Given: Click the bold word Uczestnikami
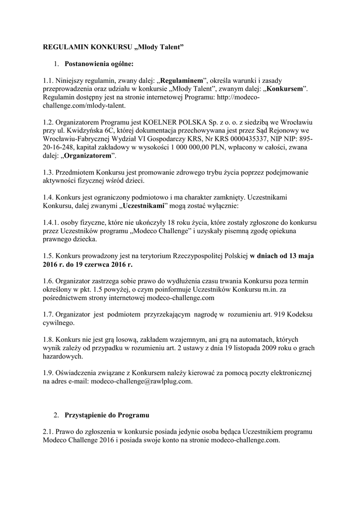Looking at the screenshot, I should coord(145,205).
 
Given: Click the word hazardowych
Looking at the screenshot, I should coord(64,357).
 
